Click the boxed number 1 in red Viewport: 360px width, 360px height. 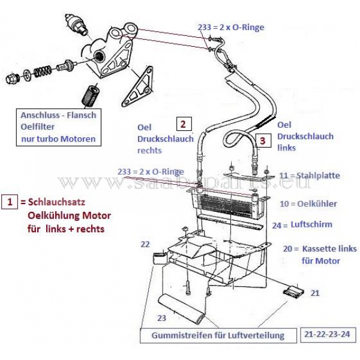[10, 202]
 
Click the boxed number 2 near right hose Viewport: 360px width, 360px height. [183, 124]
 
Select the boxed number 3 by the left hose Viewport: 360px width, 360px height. [263, 140]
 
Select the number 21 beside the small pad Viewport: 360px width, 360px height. [314, 293]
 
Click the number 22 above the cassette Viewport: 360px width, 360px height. [145, 244]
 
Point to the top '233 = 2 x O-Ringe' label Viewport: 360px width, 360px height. [231, 27]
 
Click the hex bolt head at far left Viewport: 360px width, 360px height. [11, 78]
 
